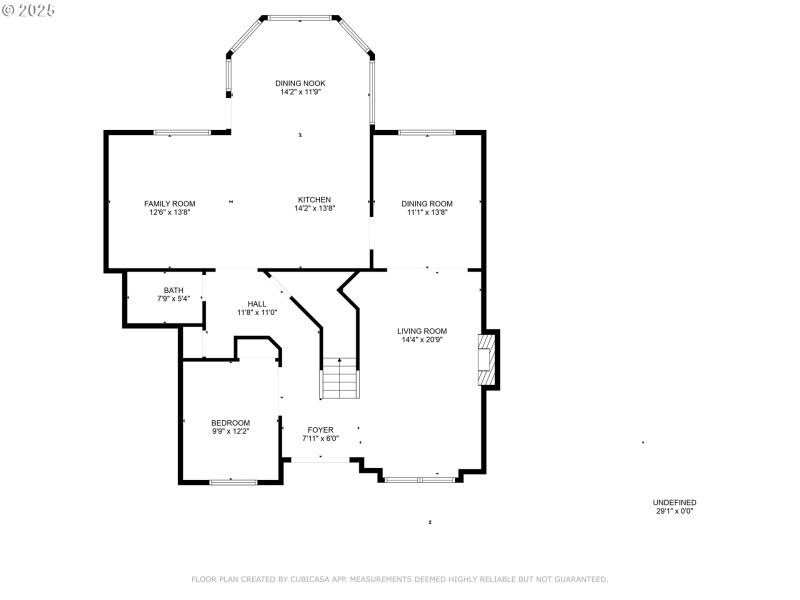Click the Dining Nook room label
pos(301,83)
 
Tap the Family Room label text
pos(169,203)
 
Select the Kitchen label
pos(314,199)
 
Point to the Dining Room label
pos(427,203)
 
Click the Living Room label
pos(421,331)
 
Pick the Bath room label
pos(173,290)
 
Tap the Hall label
pos(257,303)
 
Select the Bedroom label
pos(230,423)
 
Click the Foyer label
pos(320,430)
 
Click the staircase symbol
pos(339,378)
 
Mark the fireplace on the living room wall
pos(487,359)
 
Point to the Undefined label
pos(674,502)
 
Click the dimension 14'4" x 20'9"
pos(421,340)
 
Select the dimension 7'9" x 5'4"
pos(173,299)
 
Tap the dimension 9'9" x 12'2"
pos(230,432)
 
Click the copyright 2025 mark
pos(30,9)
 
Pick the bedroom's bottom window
pos(232,482)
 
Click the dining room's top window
pos(427,132)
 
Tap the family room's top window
pos(181,132)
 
